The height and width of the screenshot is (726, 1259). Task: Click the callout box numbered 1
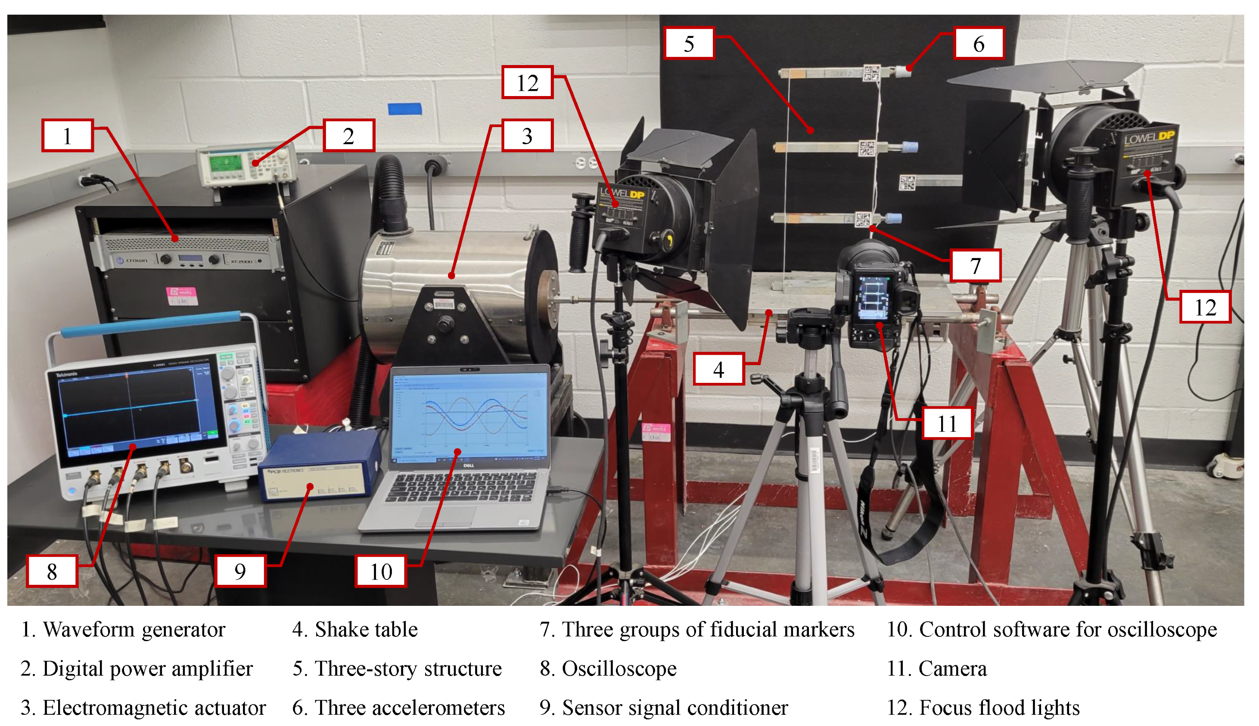(67, 135)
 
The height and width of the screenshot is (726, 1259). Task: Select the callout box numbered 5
(689, 43)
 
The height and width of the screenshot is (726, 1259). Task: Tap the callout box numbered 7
(975, 265)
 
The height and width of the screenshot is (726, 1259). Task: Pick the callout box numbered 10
(381, 571)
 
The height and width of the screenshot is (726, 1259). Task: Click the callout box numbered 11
(946, 423)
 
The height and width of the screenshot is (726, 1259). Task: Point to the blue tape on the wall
(404, 108)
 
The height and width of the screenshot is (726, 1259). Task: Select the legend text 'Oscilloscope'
(619, 668)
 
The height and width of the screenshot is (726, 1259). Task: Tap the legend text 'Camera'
(952, 668)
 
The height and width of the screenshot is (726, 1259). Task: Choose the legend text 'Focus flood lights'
(999, 707)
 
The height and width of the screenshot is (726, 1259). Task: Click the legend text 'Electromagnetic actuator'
(154, 707)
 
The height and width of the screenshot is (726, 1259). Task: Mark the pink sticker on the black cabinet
(181, 295)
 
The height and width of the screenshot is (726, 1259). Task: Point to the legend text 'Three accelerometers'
(409, 707)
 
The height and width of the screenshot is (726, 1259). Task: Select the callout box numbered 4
(718, 369)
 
